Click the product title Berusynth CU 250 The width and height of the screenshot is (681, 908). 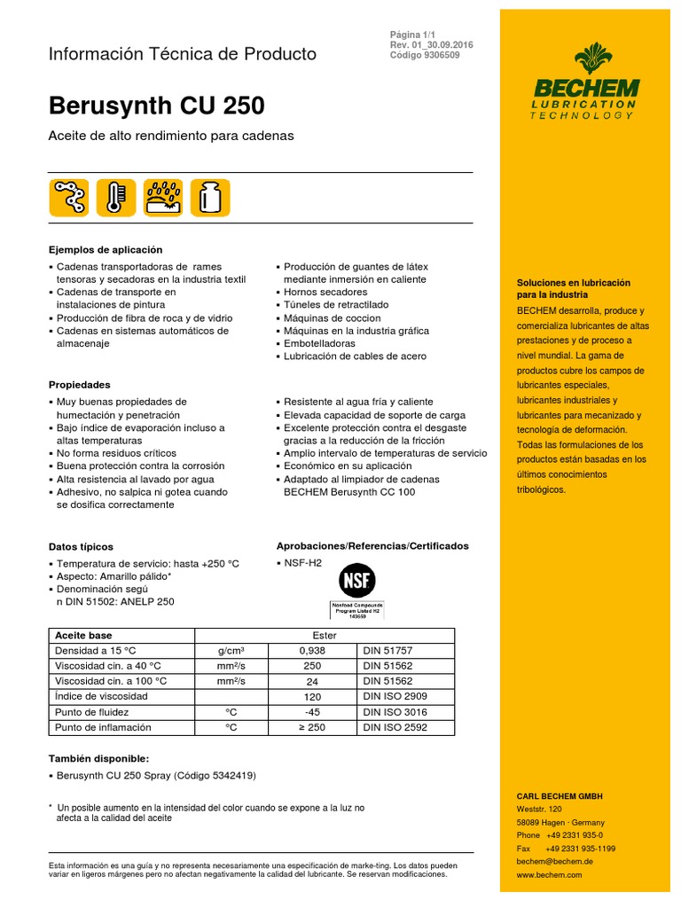point(156,106)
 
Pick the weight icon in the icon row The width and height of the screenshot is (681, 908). point(210,197)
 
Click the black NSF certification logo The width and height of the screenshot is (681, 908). point(357,582)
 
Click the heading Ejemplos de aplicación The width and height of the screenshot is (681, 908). point(105,250)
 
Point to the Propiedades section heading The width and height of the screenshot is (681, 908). point(80,385)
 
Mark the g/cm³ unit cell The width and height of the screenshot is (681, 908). point(230,650)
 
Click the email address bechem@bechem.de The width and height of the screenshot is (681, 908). point(554,861)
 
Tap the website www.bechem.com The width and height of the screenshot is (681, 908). point(549,874)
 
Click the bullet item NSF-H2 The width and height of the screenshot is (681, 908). point(302,563)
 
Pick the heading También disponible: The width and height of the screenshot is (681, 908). point(98,759)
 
